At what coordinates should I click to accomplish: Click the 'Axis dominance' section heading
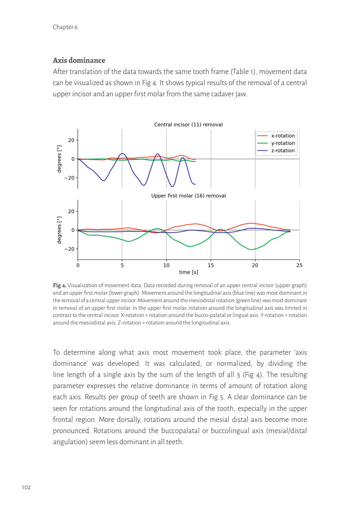tap(79, 60)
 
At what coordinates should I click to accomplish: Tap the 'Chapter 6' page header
tap(65, 27)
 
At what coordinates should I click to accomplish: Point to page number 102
tap(26, 487)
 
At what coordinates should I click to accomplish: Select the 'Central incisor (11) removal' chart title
tap(188, 125)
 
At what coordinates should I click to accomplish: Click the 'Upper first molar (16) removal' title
tap(188, 196)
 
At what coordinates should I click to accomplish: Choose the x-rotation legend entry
tap(283, 136)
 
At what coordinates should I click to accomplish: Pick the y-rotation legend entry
tap(283, 143)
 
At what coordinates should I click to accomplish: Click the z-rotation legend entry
tap(283, 151)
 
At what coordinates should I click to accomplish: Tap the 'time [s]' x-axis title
tap(189, 272)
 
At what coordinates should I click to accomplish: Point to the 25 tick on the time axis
tap(300, 265)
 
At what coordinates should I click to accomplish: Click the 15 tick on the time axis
tap(211, 265)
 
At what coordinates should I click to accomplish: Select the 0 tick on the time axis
tap(78, 265)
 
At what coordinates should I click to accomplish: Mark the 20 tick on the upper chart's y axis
tap(71, 140)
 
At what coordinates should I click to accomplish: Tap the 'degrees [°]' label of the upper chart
tap(59, 159)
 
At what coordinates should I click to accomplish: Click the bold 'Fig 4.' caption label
tap(60, 286)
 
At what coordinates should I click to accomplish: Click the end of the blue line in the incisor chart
tap(195, 184)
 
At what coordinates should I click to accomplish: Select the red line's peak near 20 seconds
tap(251, 223)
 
